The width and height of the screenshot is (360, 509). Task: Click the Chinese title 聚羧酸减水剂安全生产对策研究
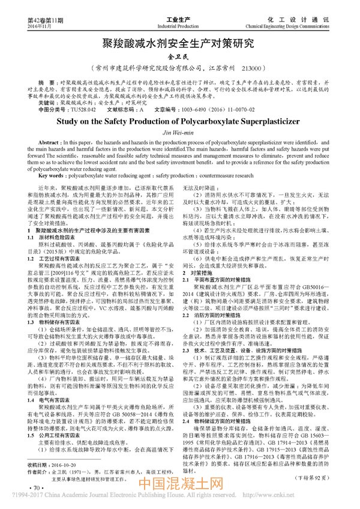point(179,43)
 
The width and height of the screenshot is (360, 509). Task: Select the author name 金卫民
point(179,57)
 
